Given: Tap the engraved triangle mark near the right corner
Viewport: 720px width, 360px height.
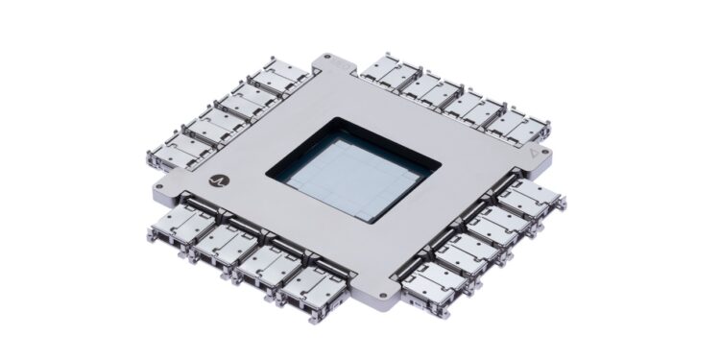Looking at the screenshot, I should pyautogui.click(x=534, y=153).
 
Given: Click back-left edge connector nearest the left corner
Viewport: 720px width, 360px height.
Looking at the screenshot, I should pyautogui.click(x=178, y=146).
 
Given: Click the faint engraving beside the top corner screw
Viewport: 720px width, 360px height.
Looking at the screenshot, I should pyautogui.click(x=343, y=61).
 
